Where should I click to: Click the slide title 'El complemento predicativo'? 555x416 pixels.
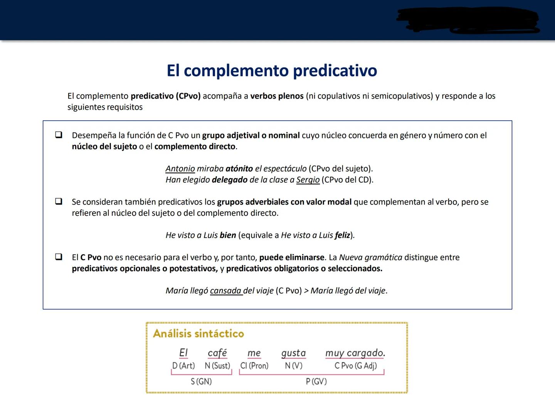click(x=272, y=70)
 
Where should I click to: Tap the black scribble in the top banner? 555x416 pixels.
click(x=468, y=20)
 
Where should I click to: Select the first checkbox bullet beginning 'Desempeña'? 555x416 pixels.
click(x=59, y=135)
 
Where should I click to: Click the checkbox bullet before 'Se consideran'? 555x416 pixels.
click(x=59, y=201)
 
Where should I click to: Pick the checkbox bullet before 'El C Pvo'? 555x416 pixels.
click(x=59, y=257)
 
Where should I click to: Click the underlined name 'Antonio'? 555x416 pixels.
click(x=180, y=169)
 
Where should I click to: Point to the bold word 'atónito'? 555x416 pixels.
click(x=239, y=169)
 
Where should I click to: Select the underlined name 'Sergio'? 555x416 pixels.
click(x=308, y=180)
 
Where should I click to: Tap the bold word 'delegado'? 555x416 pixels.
click(x=230, y=180)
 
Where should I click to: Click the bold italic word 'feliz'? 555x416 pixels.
click(x=342, y=235)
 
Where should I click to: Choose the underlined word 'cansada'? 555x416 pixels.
click(x=226, y=291)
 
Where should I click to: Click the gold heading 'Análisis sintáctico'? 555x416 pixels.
click(x=198, y=334)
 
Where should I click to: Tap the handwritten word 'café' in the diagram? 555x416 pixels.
click(x=217, y=353)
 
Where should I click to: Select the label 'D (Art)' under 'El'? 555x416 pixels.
click(x=183, y=366)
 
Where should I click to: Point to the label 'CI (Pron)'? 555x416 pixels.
click(x=254, y=366)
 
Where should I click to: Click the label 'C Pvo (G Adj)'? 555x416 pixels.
click(x=355, y=366)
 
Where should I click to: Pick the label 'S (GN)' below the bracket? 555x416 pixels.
click(x=201, y=381)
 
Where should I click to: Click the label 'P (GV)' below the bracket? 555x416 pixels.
click(x=316, y=381)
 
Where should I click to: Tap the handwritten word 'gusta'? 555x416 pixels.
click(x=293, y=353)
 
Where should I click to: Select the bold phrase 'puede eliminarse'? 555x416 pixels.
click(x=292, y=257)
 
